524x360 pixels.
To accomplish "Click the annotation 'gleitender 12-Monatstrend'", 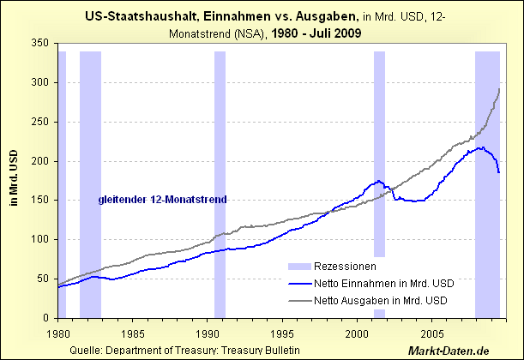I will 162,200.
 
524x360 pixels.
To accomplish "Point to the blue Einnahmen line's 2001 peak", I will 377,181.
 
